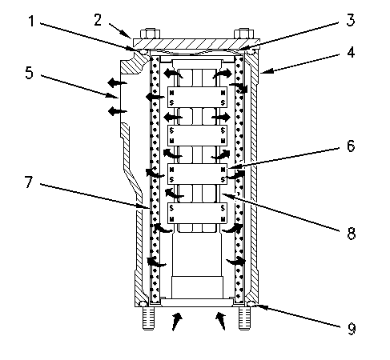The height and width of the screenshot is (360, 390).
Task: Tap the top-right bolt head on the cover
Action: tap(241, 34)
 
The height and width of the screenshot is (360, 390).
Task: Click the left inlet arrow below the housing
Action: tap(178, 322)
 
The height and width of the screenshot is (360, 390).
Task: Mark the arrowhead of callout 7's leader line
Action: tap(146, 210)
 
